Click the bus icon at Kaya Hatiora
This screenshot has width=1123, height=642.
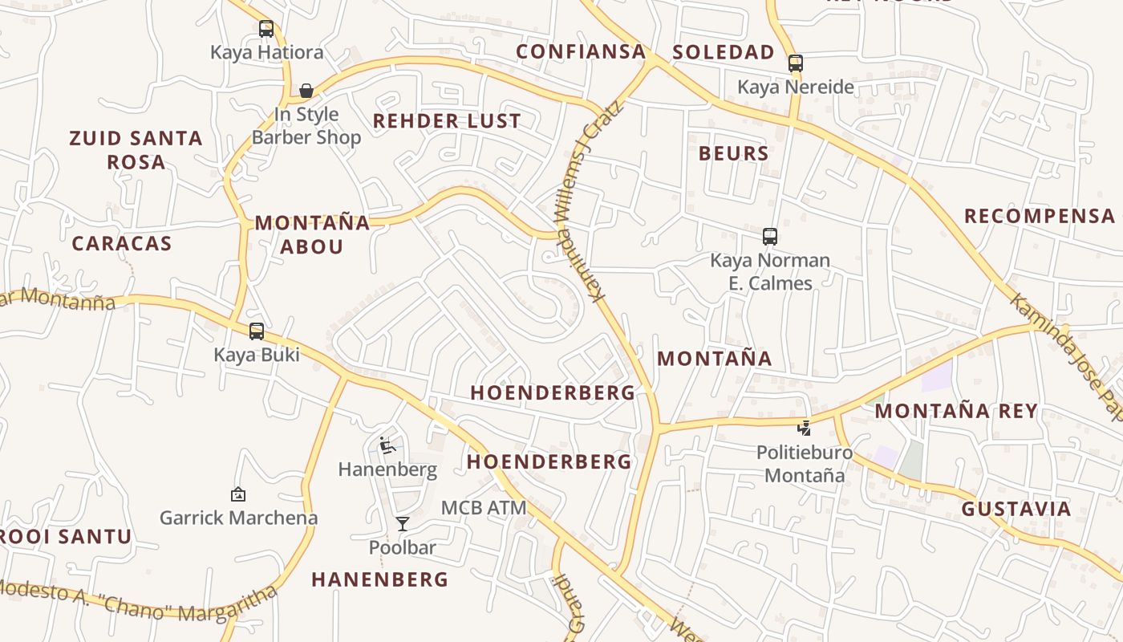266,29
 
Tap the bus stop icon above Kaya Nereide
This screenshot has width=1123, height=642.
795,63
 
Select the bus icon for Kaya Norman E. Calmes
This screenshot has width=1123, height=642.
770,237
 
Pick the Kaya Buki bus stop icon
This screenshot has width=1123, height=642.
257,331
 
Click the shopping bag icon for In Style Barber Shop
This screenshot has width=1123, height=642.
306,91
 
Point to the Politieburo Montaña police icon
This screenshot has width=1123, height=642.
804,428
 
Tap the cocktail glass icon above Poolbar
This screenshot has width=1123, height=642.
403,524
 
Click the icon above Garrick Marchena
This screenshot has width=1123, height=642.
237,494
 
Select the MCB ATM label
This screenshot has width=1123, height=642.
484,508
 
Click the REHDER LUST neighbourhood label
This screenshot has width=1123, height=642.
447,121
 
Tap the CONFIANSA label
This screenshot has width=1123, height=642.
581,52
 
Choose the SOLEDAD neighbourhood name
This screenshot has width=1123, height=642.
724,52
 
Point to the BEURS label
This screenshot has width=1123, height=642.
733,153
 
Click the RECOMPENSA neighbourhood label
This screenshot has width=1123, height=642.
1040,216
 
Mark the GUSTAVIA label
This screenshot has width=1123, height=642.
1016,509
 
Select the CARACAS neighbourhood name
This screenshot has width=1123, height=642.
122,244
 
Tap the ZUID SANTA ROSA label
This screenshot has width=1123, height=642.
136,150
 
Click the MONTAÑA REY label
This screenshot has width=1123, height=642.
956,411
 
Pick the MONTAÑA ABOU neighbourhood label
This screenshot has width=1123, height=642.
312,234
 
